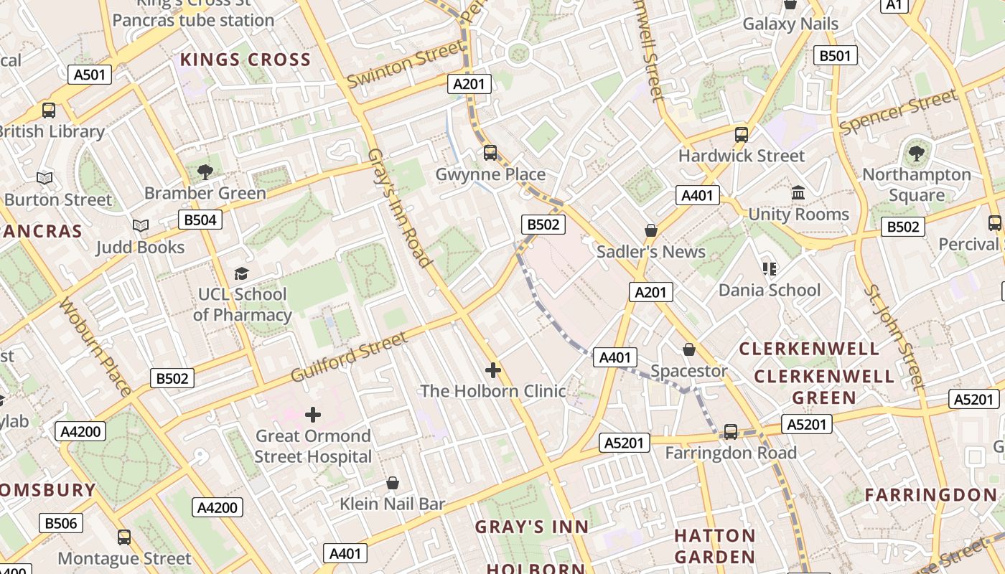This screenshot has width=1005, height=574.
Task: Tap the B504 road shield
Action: pos(200,220)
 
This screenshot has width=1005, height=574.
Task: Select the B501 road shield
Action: pos(835,56)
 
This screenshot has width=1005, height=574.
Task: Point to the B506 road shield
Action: pos(61,523)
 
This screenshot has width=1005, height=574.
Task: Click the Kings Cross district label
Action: pos(246,60)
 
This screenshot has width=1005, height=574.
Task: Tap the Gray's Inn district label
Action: pos(532,527)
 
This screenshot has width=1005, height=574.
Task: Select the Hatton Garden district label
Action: pos(715,546)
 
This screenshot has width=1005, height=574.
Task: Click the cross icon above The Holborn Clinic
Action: pos(493,370)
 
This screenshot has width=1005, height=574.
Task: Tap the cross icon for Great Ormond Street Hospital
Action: pos(313,415)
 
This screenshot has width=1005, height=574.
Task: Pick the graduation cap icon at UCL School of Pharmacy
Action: pos(242,273)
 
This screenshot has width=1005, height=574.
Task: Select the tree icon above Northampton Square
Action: pos(916,153)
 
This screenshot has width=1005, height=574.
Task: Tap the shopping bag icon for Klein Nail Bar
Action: pos(393,483)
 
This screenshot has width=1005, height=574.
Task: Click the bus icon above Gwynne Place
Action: pos(490,153)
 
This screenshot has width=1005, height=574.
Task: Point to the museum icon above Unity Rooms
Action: pos(798,193)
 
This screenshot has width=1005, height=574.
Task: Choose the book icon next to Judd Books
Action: pos(141,226)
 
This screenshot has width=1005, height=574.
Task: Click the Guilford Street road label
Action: pos(349,357)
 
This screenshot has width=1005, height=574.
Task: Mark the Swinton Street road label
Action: pos(405,64)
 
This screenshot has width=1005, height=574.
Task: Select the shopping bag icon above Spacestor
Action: pos(689,349)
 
